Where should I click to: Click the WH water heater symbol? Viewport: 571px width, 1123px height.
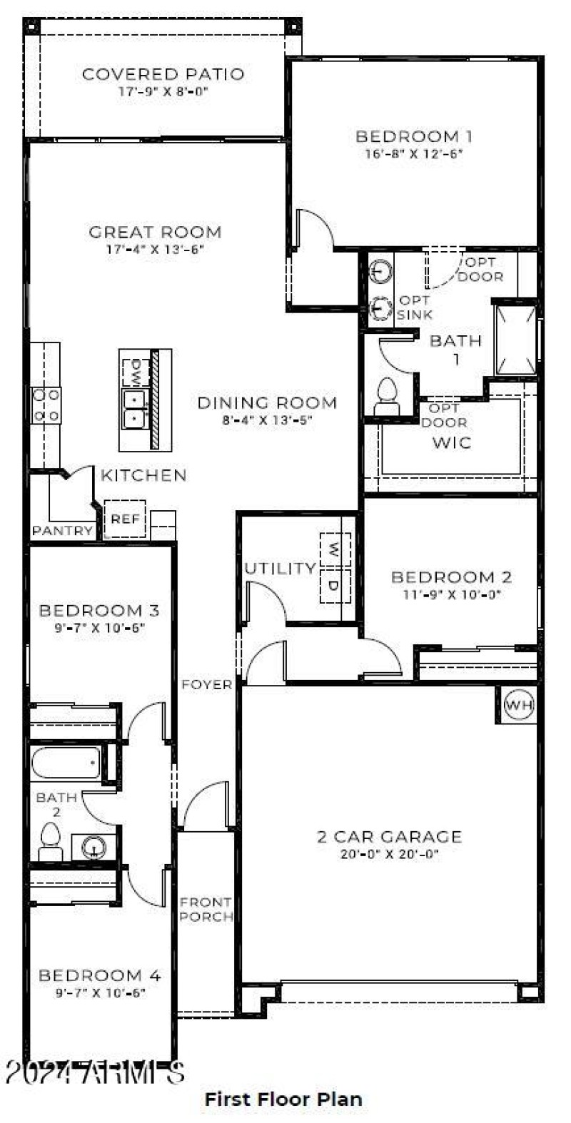click(x=519, y=706)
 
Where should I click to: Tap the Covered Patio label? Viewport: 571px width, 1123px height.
click(x=163, y=73)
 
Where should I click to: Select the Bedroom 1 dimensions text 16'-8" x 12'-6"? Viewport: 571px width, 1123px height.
click(x=414, y=153)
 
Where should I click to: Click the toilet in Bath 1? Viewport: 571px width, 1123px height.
click(x=387, y=396)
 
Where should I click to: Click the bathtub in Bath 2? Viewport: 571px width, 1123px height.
click(x=66, y=763)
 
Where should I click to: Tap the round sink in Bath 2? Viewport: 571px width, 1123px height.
click(x=94, y=848)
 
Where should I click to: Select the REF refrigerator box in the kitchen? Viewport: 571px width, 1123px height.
click(x=125, y=519)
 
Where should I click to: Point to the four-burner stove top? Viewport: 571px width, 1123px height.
click(x=46, y=405)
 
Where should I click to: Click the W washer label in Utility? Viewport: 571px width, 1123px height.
click(x=333, y=549)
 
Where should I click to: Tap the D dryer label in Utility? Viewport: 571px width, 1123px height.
click(x=333, y=586)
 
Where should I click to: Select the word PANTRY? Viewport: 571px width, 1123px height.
click(x=63, y=531)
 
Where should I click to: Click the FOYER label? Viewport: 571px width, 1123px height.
click(x=207, y=685)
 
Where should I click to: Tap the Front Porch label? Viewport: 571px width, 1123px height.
click(x=206, y=910)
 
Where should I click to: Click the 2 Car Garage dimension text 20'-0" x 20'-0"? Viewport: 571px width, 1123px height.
click(x=389, y=854)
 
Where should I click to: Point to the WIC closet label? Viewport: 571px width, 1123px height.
click(x=452, y=442)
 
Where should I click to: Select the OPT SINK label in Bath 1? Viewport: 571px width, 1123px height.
click(x=414, y=308)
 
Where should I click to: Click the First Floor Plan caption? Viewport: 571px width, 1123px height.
click(x=283, y=1099)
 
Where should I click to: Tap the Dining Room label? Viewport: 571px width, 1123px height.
click(x=267, y=402)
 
